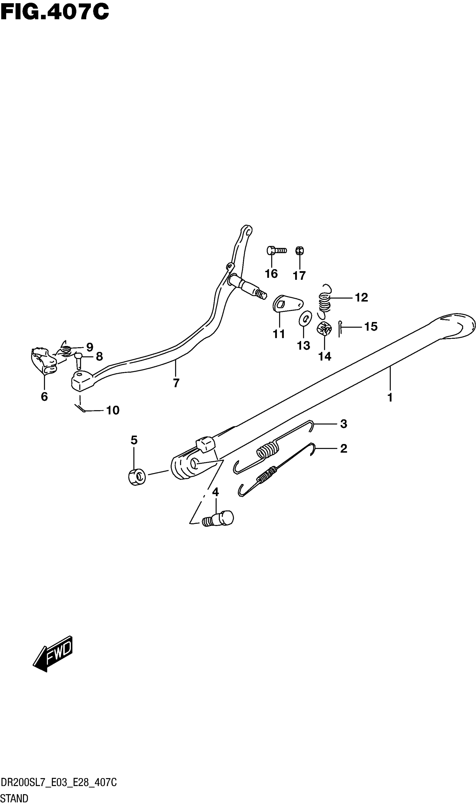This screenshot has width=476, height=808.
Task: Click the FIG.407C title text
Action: (x=55, y=12)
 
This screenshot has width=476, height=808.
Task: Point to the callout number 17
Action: (x=299, y=275)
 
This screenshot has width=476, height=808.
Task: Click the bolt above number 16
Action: (x=276, y=250)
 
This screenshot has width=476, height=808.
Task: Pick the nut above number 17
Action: (x=300, y=250)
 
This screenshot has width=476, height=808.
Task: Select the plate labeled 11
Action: (x=287, y=303)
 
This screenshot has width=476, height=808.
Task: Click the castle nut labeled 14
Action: (x=324, y=329)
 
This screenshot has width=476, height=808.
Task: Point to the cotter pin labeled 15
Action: (x=340, y=329)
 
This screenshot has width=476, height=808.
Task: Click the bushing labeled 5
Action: (x=137, y=477)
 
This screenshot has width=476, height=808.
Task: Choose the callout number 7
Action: (x=176, y=383)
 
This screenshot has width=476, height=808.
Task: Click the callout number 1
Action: (x=390, y=398)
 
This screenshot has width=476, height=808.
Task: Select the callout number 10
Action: (x=113, y=410)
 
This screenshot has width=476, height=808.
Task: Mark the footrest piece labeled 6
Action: (x=43, y=361)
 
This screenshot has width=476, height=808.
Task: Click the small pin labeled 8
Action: (x=78, y=360)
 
